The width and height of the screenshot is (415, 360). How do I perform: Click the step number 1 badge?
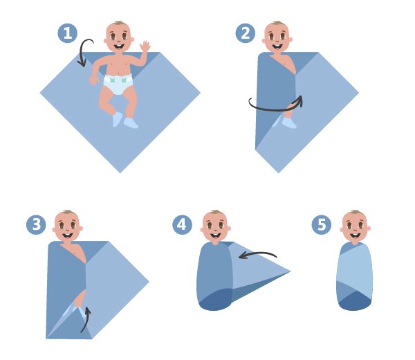point(68,33)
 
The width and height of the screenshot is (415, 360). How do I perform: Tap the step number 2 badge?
point(246,33)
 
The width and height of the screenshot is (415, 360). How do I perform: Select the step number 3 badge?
point(36,224)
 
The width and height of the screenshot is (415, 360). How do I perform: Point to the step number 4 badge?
point(182,224)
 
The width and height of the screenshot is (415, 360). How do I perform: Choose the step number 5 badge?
point(322,224)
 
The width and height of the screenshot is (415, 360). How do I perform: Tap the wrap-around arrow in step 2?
point(275,109)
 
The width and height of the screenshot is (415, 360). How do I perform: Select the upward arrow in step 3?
point(87,321)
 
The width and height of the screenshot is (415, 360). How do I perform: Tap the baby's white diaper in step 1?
point(118,84)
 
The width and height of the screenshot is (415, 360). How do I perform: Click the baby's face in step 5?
point(355,228)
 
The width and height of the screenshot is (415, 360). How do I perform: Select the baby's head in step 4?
point(215,226)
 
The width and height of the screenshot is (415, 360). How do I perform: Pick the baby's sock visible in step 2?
point(289,123)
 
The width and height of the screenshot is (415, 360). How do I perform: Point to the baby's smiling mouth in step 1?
point(119,47)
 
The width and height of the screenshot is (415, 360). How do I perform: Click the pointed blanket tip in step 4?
point(290,271)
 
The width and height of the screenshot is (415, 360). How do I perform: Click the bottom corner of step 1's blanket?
point(120,172)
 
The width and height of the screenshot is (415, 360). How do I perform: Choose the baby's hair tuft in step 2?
point(277,23)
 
